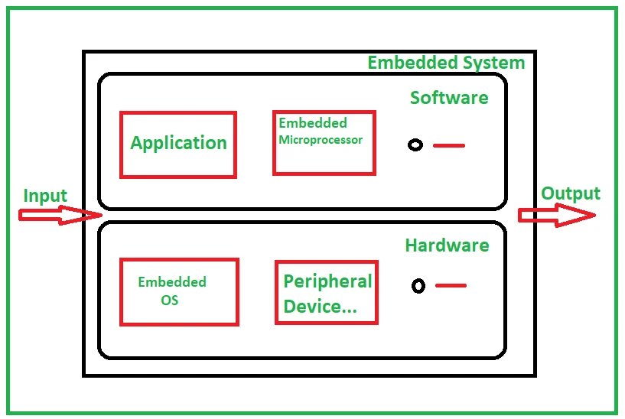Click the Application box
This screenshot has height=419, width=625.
177,145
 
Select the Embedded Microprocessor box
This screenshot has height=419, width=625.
324,142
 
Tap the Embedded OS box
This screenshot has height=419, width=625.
179,291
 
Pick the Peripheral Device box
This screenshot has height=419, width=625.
326,292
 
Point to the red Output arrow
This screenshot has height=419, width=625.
556,216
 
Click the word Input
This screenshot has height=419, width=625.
45,196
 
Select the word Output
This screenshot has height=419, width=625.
570,193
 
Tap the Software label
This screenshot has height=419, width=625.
449,98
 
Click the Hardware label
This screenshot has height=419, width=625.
447,245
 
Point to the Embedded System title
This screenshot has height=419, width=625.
446,63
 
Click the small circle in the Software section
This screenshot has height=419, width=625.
415,145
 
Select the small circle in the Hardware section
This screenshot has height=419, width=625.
418,286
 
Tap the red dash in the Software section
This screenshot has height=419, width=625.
449,145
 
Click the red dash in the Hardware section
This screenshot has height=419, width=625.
451,286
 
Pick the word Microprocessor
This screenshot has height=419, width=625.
321,140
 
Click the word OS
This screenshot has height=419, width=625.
170,300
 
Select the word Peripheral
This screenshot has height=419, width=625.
327,281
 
